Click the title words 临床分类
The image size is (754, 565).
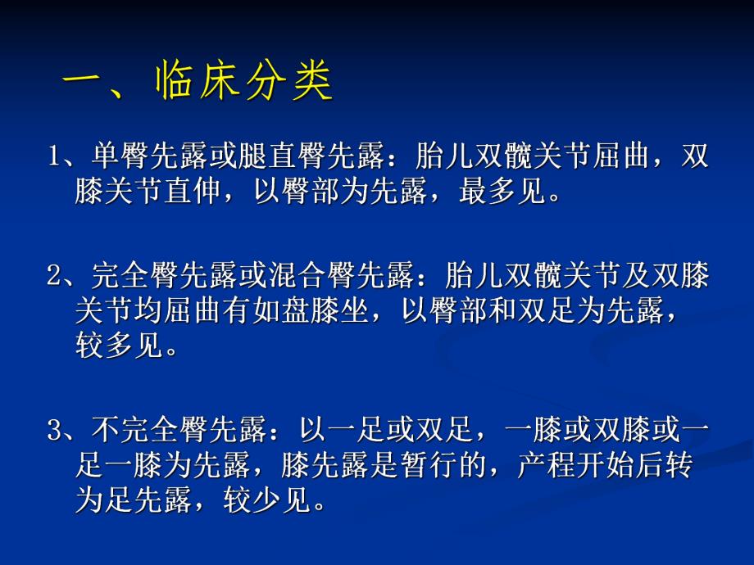tap(244, 82)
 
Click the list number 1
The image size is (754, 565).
tap(53, 157)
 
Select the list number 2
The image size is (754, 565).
tap(53, 277)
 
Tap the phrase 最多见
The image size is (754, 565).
tap(510, 194)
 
